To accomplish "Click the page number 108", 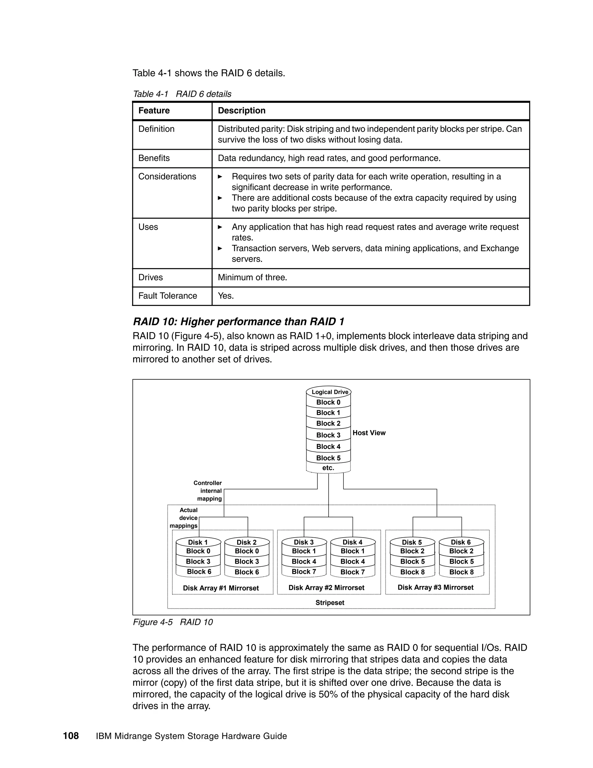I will pos(71,736).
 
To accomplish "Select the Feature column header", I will pos(154,110).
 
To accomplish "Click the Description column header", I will pos(241,110).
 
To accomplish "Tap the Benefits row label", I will pos(154,158).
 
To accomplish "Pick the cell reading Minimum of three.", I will pos(252,277).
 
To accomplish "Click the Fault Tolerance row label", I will pos(168,295).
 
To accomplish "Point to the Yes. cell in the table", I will pos(226,295).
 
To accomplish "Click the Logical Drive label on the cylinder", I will pos(330,392).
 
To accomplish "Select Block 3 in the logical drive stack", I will pos(328,435).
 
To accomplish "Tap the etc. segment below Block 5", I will pos(328,468).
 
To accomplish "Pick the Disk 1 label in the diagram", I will pos(198,542).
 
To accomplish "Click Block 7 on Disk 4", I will pos(352,572).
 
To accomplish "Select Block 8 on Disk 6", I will pos(461,572).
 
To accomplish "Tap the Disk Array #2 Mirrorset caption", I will pos(326,588).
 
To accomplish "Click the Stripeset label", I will pos(330,603).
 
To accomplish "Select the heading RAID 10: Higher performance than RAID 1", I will pos(239,321).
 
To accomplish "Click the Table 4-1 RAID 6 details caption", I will pos(182,94).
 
